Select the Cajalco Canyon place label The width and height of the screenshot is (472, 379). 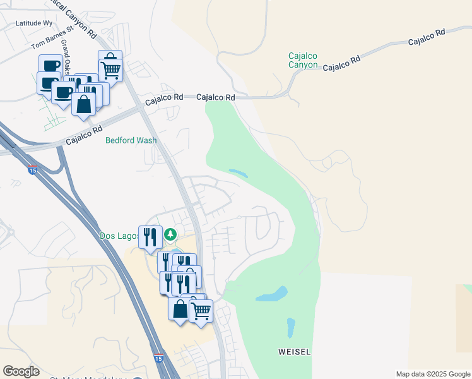(x=302, y=60)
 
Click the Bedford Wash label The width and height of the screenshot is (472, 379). (x=131, y=140)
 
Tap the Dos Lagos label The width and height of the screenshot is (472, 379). (x=118, y=236)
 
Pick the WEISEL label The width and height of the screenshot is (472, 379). (x=295, y=351)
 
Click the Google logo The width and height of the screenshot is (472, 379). (x=21, y=371)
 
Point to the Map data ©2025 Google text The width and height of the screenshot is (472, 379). (x=433, y=374)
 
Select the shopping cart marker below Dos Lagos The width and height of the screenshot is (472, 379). (x=201, y=311)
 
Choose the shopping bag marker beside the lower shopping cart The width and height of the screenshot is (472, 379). (x=180, y=309)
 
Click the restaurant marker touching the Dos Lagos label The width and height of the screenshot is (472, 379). (x=150, y=237)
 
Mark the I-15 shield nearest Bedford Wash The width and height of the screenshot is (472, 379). (x=32, y=171)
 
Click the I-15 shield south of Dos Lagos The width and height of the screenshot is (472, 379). (x=158, y=358)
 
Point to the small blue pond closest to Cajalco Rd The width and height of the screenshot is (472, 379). (x=237, y=172)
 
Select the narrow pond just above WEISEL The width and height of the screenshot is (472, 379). (x=291, y=327)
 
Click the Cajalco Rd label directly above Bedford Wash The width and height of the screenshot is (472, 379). (x=163, y=99)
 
